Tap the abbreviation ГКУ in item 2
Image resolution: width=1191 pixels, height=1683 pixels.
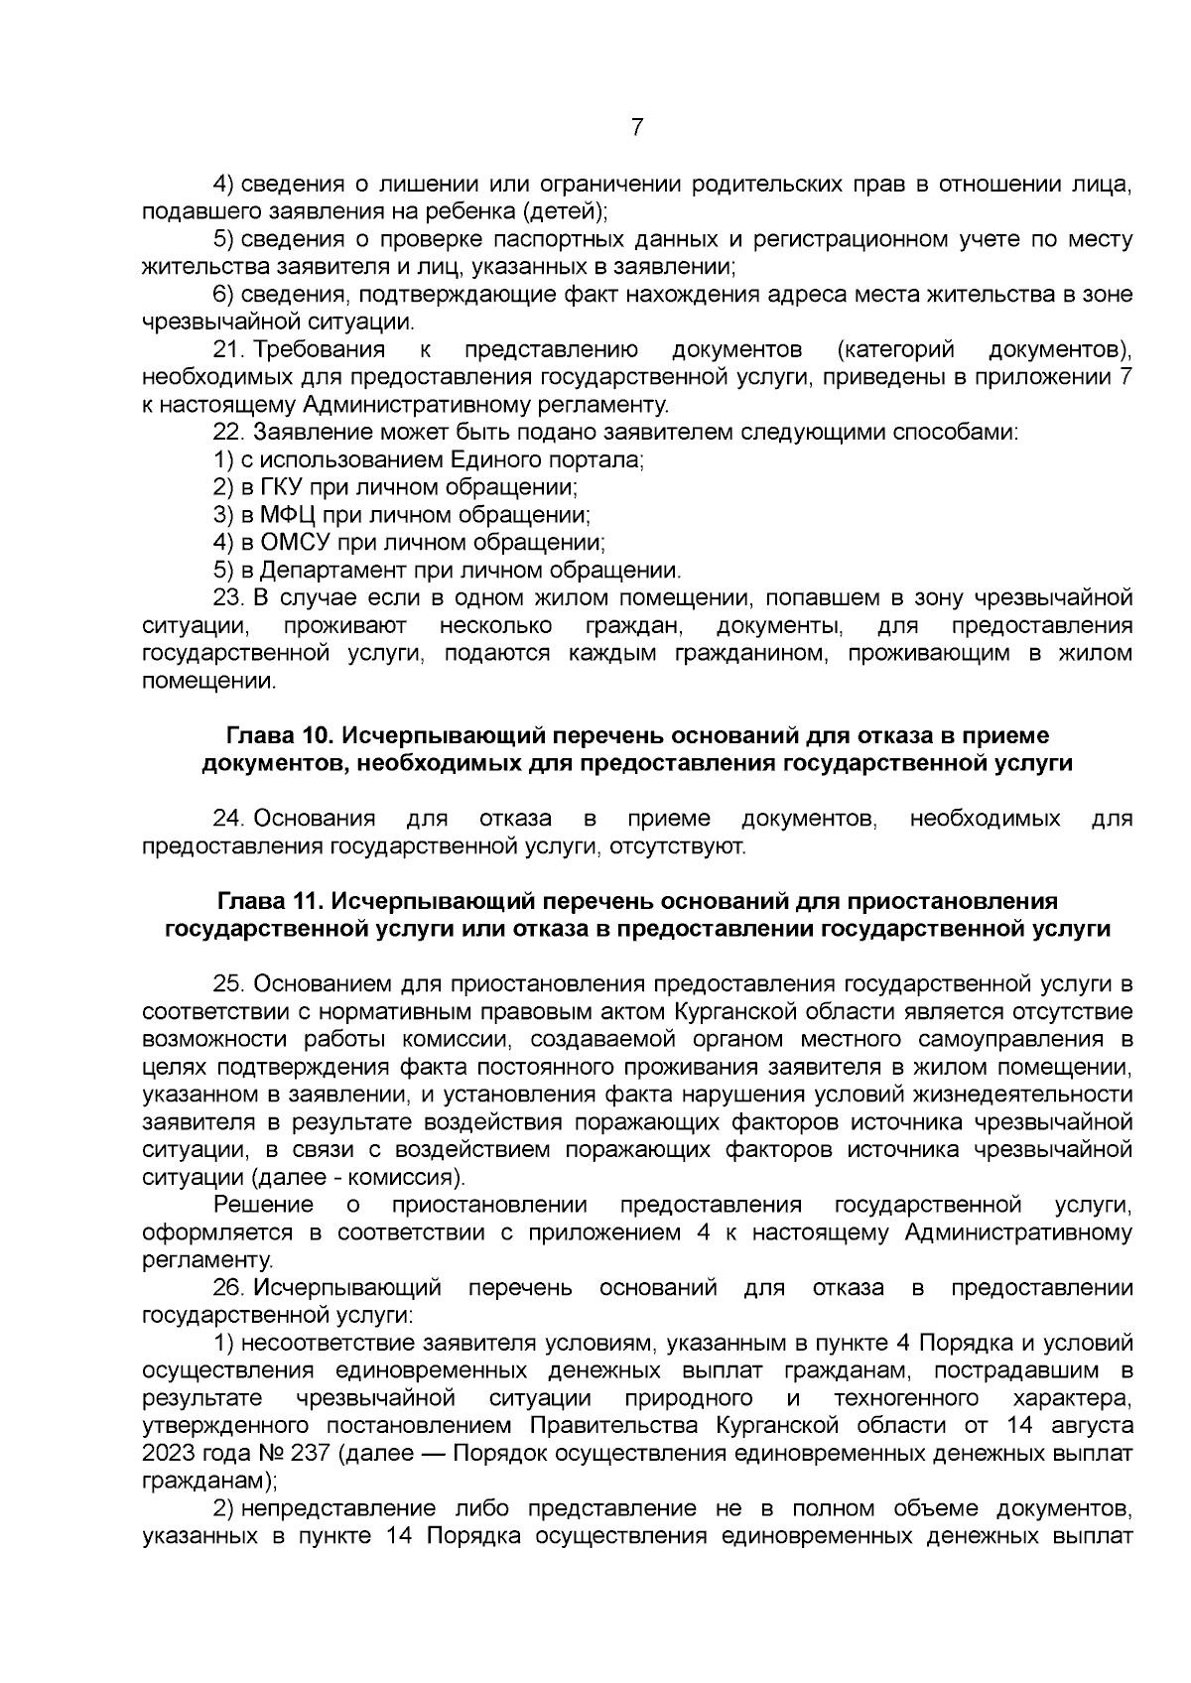(x=284, y=488)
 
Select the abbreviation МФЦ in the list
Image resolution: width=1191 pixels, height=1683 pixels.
(x=286, y=516)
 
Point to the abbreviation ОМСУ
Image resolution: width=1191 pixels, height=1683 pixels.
(x=295, y=543)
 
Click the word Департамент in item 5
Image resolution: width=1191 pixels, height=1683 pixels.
(x=327, y=571)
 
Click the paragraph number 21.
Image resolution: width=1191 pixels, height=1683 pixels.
(x=229, y=350)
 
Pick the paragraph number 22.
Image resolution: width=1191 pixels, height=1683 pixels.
(x=229, y=433)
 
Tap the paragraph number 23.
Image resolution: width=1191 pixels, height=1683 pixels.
(x=229, y=598)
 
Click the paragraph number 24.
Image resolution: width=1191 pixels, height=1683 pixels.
(x=229, y=819)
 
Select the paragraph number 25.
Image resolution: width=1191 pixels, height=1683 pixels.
(x=229, y=983)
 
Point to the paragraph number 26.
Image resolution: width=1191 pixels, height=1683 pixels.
(x=229, y=1288)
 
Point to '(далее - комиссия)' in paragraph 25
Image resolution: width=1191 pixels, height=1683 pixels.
(x=357, y=1178)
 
